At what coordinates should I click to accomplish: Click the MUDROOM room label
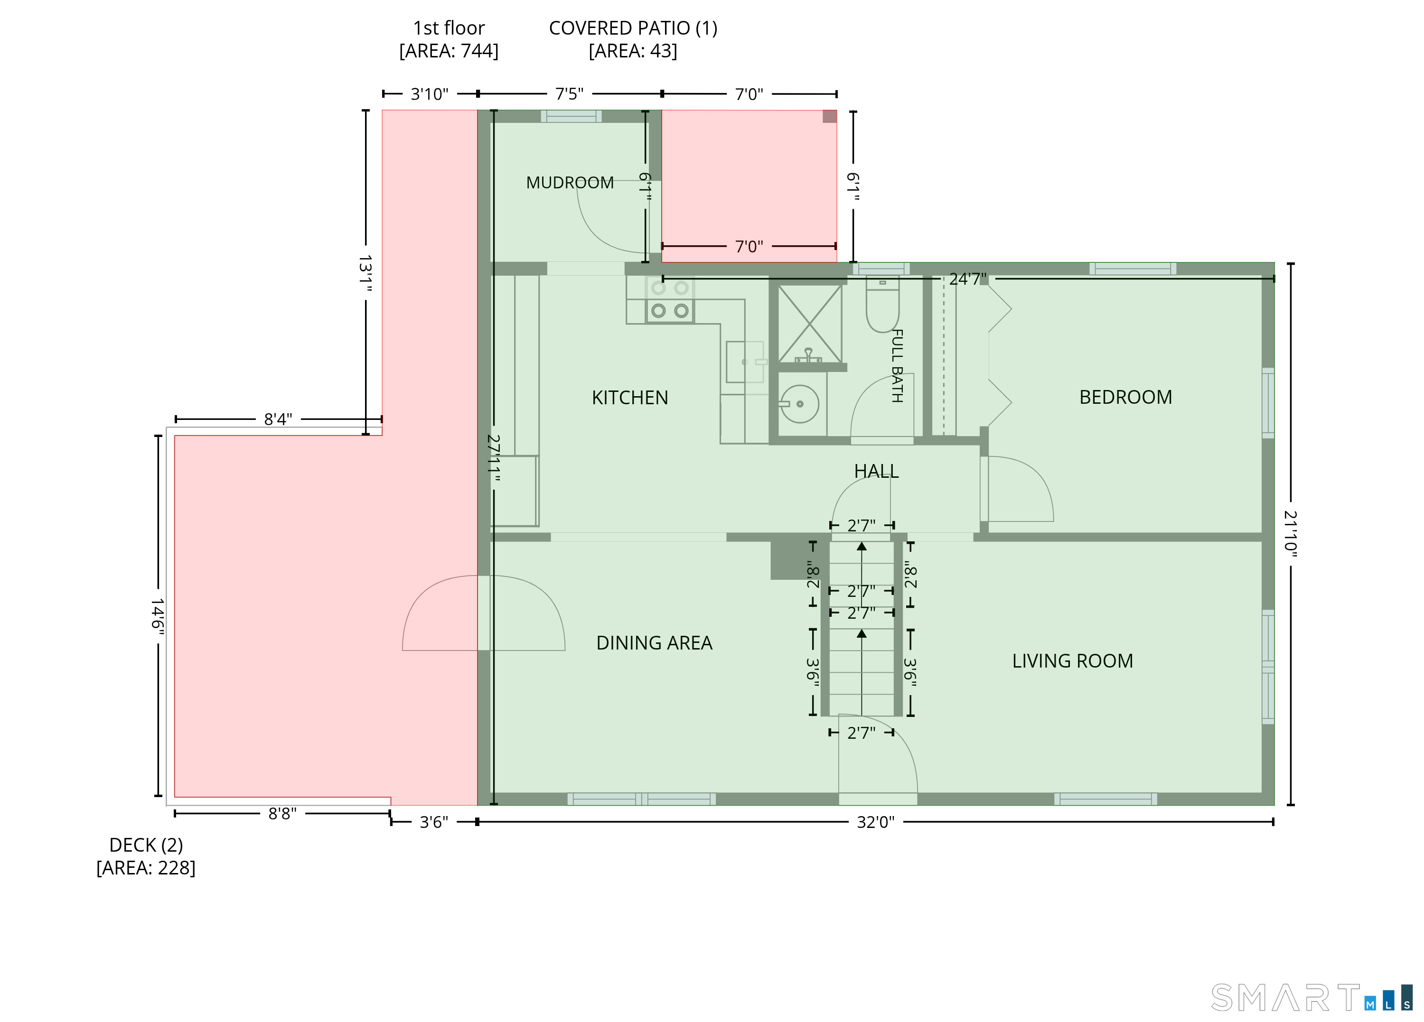(570, 183)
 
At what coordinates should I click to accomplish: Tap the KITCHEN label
(630, 398)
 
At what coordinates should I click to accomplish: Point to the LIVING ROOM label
(1072, 660)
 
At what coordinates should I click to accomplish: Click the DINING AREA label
(654, 643)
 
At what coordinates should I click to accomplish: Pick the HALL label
(876, 471)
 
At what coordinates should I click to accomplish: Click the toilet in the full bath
(882, 305)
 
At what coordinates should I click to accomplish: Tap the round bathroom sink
(799, 404)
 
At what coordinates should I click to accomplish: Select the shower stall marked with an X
(810, 324)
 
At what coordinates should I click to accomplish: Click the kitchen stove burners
(670, 299)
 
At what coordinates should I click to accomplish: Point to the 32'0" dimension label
(875, 822)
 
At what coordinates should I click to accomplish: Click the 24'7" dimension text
(967, 279)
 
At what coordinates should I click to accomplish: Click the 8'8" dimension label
(282, 814)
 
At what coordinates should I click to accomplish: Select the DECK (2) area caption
(146, 856)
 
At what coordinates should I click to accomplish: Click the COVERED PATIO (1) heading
(633, 39)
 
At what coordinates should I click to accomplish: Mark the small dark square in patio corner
(829, 117)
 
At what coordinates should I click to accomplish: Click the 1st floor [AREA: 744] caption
(449, 39)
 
